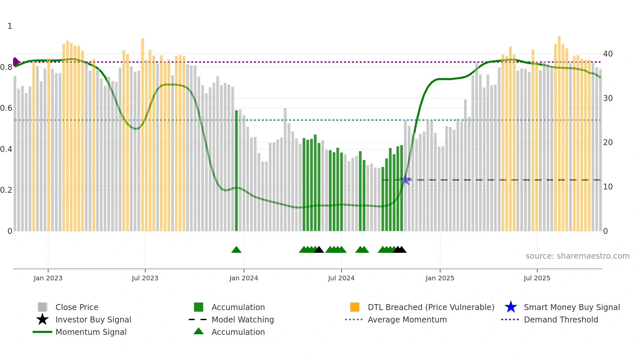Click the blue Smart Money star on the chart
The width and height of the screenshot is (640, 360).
click(406, 179)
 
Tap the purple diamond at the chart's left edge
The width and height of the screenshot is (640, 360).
click(16, 62)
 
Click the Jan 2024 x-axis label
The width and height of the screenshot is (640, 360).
click(244, 278)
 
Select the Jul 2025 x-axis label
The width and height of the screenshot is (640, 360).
click(537, 278)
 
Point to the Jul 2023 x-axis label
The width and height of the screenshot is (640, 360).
click(145, 278)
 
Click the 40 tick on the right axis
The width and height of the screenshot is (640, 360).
click(608, 54)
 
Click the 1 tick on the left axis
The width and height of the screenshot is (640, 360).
click(10, 26)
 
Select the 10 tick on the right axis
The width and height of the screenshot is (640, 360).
click(608, 187)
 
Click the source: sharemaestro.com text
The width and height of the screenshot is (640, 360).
click(577, 256)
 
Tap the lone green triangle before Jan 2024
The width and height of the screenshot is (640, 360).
click(236, 250)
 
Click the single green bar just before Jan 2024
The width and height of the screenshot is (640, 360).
click(236, 170)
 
